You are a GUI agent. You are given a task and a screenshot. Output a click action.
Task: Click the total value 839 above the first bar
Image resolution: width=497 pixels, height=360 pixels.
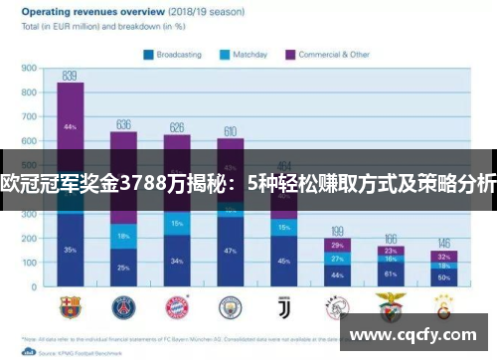pyautogui.click(x=70, y=75)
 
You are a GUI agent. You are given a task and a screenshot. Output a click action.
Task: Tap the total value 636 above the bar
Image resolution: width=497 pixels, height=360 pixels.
pyautogui.click(x=123, y=124)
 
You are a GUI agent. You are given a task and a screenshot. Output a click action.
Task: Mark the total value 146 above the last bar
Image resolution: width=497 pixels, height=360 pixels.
pyautogui.click(x=443, y=243)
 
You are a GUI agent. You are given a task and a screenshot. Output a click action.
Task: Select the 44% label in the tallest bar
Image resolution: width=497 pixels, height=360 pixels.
pyautogui.click(x=70, y=126)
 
